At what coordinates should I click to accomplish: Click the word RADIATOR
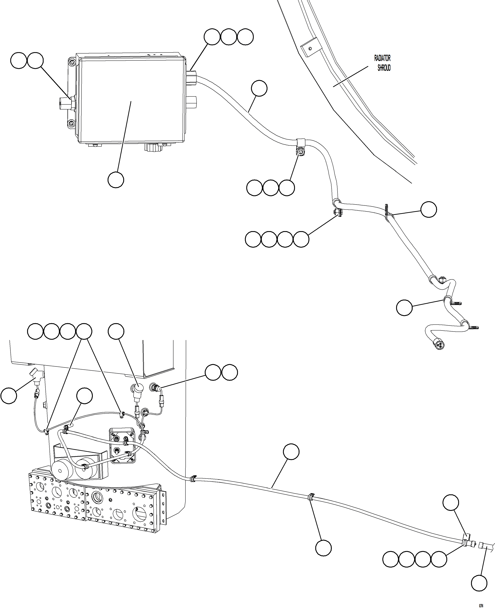[x=382, y=58]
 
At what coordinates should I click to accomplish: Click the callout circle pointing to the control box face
[x=116, y=179]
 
